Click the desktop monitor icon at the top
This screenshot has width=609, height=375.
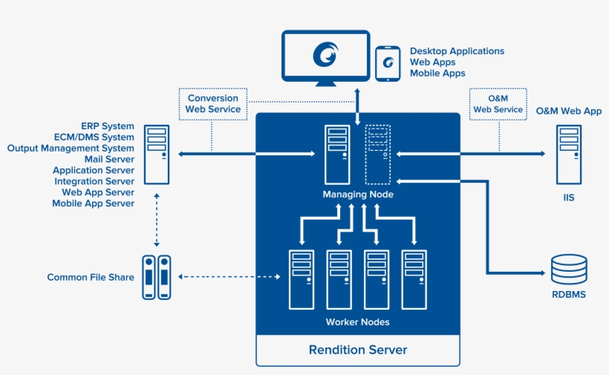[x=326, y=56]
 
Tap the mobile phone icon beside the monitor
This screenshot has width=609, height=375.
[x=387, y=64]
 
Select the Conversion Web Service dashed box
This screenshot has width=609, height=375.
[x=212, y=103]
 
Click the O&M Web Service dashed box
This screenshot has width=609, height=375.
[x=498, y=103]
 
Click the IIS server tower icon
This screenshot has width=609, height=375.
[x=568, y=154]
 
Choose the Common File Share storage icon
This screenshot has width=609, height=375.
[x=157, y=278]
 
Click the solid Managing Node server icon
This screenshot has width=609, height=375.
[x=337, y=154]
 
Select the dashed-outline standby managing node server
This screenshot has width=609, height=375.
[x=378, y=154]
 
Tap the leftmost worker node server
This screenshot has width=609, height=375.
[x=301, y=279]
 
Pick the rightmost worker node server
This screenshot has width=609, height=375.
[x=414, y=279]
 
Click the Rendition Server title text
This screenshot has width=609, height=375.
[x=358, y=350]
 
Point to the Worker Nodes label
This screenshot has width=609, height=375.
[x=358, y=322]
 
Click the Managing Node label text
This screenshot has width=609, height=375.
[x=358, y=195]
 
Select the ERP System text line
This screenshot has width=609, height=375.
[x=108, y=126]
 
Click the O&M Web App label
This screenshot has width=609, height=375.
[x=569, y=111]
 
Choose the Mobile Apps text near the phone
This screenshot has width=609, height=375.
[x=437, y=74]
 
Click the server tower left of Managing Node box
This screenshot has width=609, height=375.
[x=157, y=154]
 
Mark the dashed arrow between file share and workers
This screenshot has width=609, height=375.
[x=230, y=278]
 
